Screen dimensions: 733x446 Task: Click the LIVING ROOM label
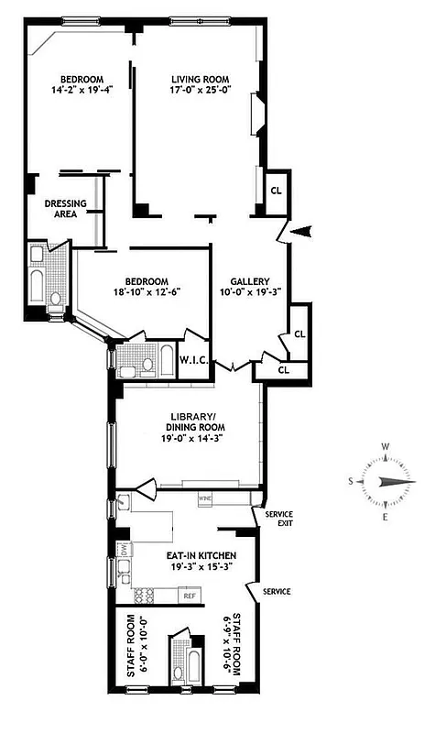point(198,79)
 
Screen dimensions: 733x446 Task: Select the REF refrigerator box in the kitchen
point(190,596)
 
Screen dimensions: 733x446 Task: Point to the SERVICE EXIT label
point(278,519)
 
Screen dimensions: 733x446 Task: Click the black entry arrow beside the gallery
point(301,233)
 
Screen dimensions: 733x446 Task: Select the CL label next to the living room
point(276,191)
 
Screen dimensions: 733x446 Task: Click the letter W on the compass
point(386,448)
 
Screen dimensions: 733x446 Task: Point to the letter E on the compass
point(386,517)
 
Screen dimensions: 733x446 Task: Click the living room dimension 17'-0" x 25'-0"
point(199,91)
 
